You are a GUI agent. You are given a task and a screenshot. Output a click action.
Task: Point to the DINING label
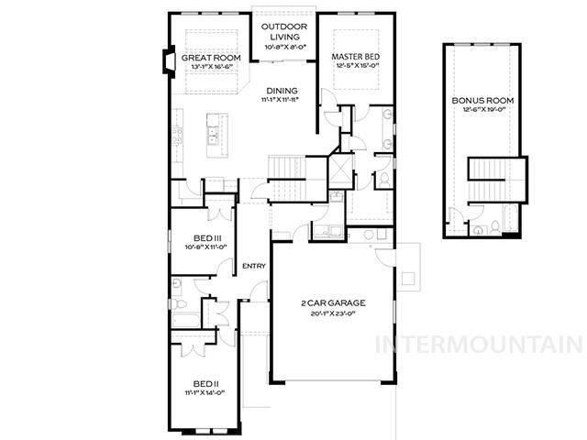282,90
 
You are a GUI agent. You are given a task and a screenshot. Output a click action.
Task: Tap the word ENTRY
253,267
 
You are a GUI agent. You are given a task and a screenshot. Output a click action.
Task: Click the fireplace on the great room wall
165,61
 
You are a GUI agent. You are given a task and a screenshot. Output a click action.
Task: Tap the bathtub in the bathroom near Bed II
216,310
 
